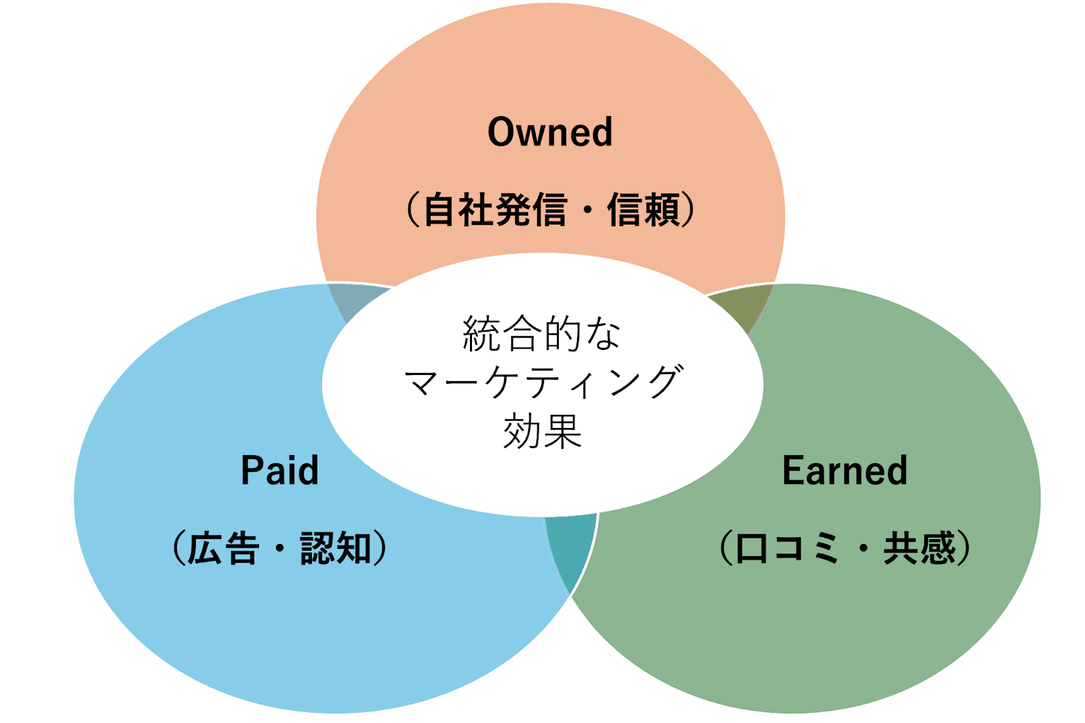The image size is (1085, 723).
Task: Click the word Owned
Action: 550,132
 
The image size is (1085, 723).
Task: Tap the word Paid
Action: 279,471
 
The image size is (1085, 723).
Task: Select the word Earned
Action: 844,471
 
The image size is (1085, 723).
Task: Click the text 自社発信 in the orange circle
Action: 494,210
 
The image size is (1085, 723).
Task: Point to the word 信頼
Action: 644,210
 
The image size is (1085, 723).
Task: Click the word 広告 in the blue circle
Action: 223,548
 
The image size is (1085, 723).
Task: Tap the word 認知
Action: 336,548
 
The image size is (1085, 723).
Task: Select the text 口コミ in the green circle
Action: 787,548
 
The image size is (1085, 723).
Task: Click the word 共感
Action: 919,548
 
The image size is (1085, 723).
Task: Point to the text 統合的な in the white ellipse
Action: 541,334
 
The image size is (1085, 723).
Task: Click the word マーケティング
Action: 542,383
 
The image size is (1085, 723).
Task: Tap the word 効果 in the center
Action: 542,431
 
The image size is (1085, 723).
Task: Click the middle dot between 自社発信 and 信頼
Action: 587,210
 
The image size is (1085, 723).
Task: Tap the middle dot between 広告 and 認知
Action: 279,548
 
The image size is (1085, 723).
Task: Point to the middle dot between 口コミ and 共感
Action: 863,548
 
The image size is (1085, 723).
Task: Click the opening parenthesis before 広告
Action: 178,548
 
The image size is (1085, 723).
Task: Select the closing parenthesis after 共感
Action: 964,548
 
